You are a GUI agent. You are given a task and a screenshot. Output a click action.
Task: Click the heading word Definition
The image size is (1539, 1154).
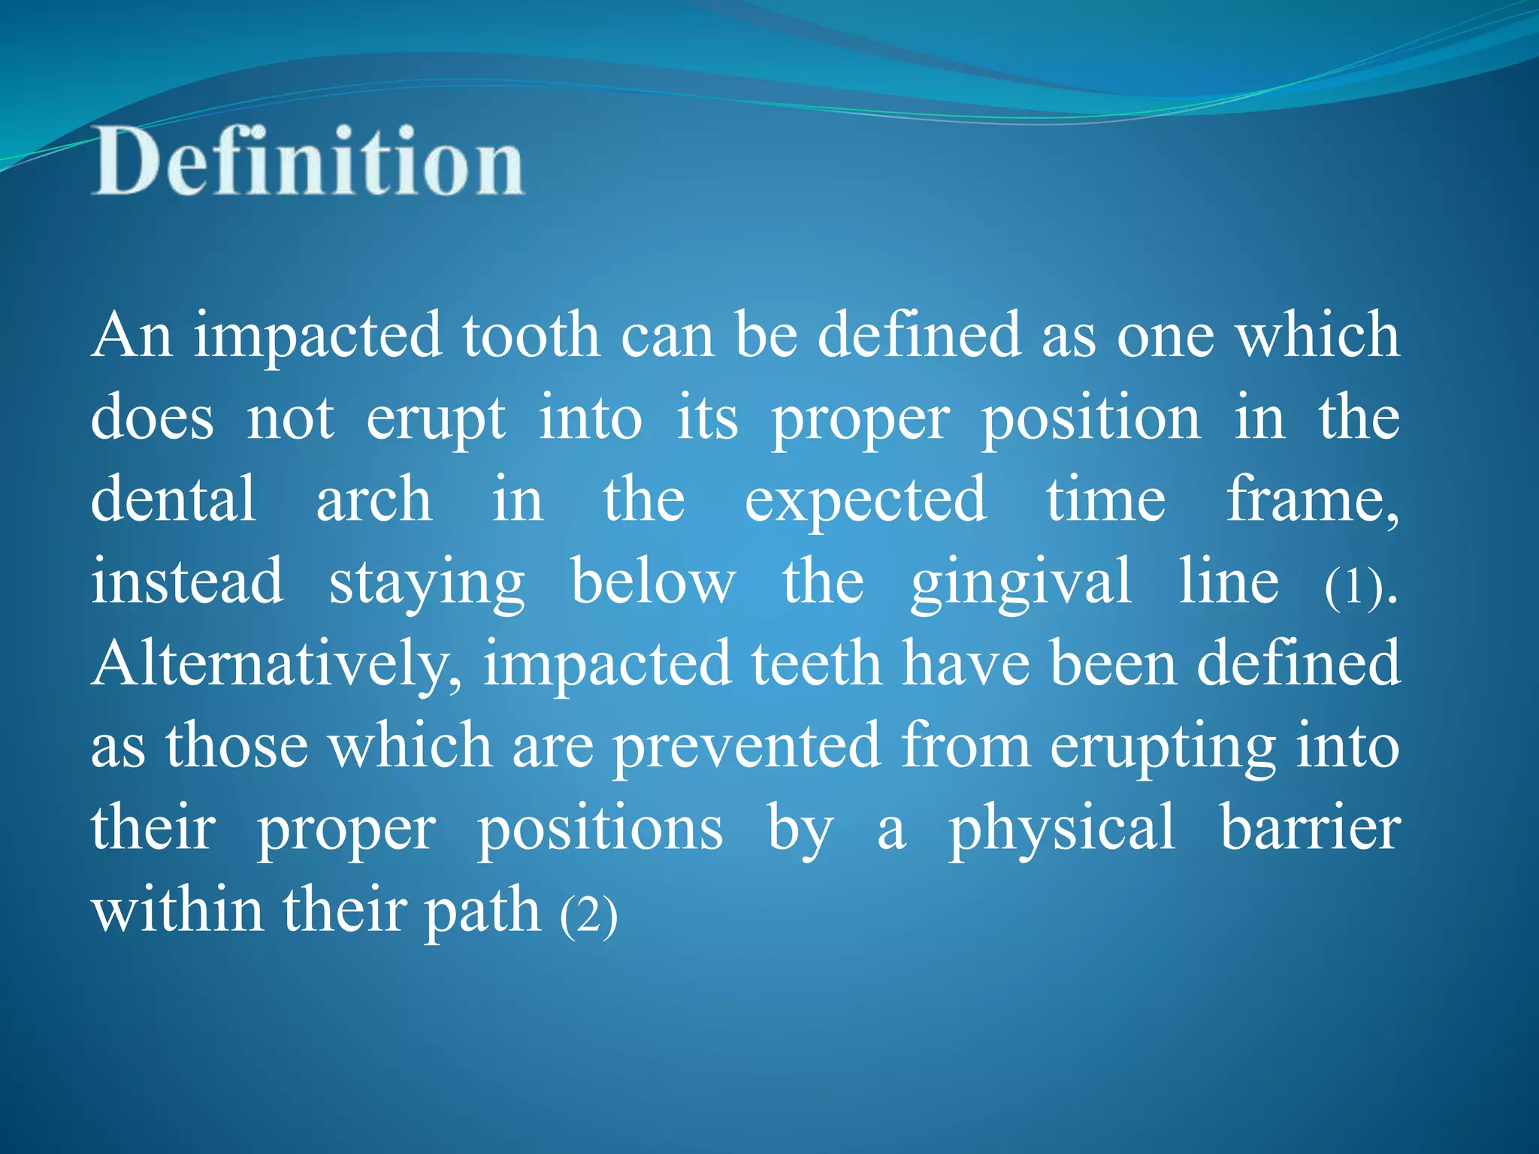coord(308,162)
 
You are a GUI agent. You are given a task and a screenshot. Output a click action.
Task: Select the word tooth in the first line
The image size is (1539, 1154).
coord(531,335)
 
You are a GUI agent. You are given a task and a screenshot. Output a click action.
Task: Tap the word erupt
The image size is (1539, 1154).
coord(436,419)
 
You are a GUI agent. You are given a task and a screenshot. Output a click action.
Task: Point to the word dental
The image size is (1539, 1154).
coord(174,499)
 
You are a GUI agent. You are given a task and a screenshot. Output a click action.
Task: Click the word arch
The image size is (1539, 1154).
coord(373,499)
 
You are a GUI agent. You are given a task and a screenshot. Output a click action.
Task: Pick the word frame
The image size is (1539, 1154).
coord(1311,499)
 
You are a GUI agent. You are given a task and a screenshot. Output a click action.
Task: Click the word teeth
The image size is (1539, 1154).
coord(816,664)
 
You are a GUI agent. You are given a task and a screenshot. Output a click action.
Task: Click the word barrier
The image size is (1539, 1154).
coord(1310,828)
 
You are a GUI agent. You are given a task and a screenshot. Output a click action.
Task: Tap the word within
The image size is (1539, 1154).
coord(177,910)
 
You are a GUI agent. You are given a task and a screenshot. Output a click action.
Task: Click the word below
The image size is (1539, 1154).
coord(653,582)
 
